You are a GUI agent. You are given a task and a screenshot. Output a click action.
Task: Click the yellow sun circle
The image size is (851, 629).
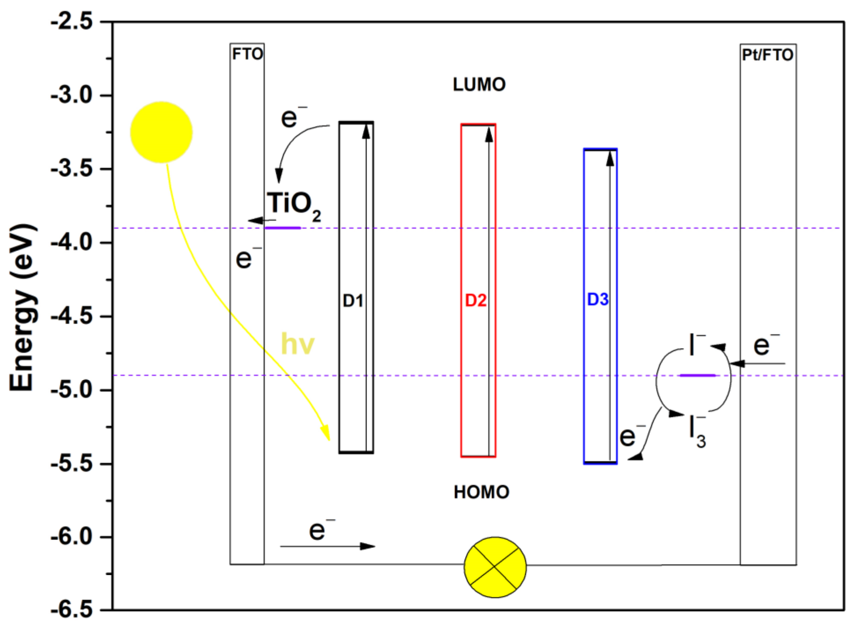click(161, 132)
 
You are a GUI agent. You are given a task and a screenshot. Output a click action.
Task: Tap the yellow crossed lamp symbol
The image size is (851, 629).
click(495, 567)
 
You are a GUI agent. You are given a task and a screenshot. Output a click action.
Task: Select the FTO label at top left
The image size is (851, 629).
click(247, 54)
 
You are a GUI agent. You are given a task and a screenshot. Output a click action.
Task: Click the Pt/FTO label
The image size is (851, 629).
click(768, 55)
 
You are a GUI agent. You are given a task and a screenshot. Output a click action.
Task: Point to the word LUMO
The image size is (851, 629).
click(479, 85)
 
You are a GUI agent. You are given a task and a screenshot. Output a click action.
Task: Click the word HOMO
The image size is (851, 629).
click(481, 492)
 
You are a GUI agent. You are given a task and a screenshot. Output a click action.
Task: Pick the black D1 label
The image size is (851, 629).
click(353, 301)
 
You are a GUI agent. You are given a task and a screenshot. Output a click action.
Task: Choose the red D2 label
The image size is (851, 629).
click(476, 300)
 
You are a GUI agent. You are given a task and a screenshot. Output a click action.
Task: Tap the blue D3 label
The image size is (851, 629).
click(598, 300)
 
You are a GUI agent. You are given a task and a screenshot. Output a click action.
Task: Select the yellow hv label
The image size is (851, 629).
click(298, 344)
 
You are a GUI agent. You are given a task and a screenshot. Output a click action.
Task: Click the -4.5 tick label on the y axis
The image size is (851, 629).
click(72, 316)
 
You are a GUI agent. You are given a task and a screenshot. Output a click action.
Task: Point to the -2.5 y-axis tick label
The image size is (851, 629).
click(72, 21)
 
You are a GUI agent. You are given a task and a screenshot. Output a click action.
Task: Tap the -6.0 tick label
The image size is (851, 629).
click(72, 536)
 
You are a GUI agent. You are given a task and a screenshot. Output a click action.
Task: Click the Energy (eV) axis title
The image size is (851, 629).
click(22, 307)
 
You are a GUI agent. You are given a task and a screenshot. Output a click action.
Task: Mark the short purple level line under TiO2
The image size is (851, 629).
click(283, 228)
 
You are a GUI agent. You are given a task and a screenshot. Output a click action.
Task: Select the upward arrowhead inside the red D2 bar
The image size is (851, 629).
click(489, 134)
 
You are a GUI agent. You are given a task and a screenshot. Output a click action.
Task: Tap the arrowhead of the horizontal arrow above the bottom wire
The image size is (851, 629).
click(367, 546)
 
